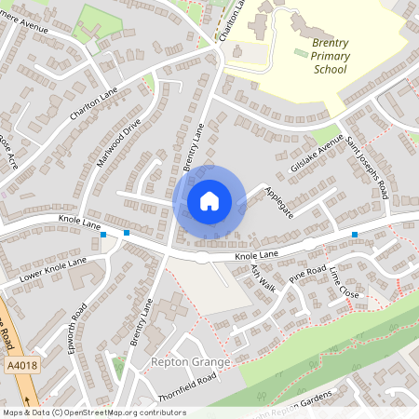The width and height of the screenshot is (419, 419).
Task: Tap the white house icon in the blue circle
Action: point(209,201)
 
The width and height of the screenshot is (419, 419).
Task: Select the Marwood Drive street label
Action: point(118,142)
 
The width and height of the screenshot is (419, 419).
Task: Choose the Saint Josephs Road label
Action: point(367,168)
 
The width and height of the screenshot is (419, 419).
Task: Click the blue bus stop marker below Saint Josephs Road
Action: point(354,235)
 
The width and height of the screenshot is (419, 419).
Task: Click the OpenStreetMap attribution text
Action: point(93,412)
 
